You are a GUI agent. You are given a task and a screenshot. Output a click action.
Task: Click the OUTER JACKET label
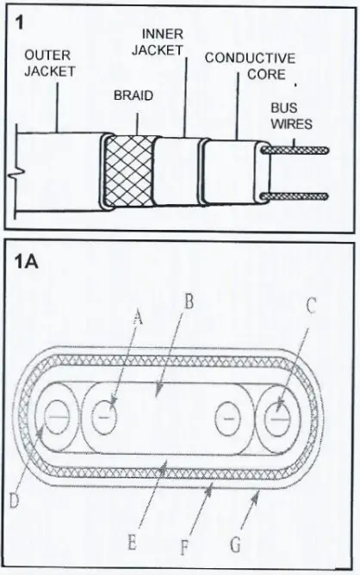coord(50,63)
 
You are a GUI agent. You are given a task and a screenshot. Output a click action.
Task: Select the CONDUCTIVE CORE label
coord(251,66)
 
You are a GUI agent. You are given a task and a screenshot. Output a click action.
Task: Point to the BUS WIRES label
coord(285,116)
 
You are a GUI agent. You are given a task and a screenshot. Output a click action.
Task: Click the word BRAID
coord(133,96)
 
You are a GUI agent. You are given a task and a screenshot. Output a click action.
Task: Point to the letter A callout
coord(138,318)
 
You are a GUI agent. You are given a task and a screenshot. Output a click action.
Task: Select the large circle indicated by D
coord(56,417)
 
